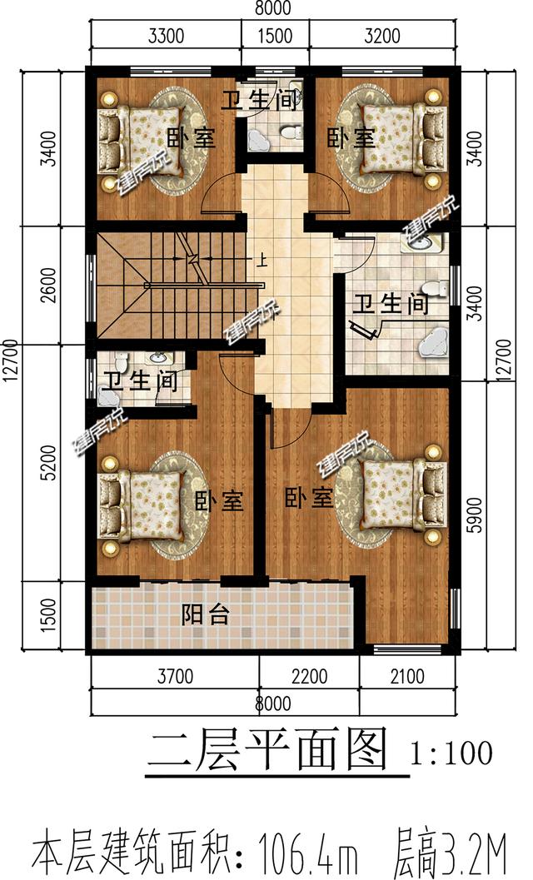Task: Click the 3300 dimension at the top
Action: click(x=165, y=36)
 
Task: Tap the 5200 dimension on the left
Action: click(x=49, y=463)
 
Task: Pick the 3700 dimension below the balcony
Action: click(x=174, y=676)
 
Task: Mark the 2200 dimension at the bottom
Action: click(x=309, y=676)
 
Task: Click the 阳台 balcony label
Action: click(x=206, y=615)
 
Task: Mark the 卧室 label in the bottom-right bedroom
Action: click(x=309, y=498)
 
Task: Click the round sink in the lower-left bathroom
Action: click(x=156, y=360)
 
